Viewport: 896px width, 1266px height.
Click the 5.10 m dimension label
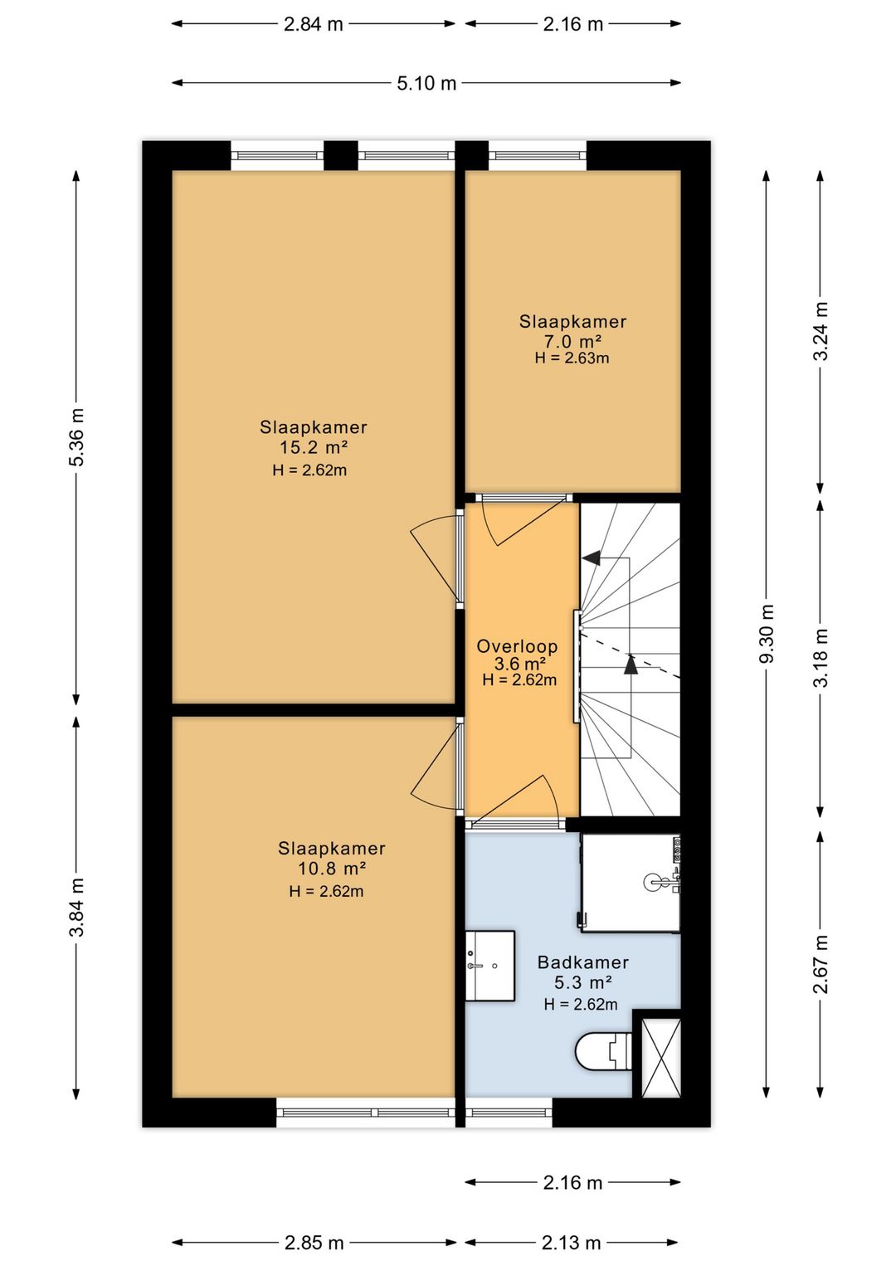426,83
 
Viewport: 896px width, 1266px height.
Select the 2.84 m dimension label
313,24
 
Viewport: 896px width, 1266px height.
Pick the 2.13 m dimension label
571,1242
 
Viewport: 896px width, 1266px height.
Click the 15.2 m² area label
313,448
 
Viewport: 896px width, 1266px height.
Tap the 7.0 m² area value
572,341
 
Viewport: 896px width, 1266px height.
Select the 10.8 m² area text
332,868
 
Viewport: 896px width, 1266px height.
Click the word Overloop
517,646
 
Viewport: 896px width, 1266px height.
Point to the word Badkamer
583,962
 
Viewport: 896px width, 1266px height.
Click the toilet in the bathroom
603,1051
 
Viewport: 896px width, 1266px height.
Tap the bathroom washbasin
489,966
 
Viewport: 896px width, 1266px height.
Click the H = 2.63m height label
572,358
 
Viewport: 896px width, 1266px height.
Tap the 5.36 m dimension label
77,437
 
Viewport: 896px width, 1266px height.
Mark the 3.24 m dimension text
821,331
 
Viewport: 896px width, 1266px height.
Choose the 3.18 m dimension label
821,657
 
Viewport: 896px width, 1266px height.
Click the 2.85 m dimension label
314,1242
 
